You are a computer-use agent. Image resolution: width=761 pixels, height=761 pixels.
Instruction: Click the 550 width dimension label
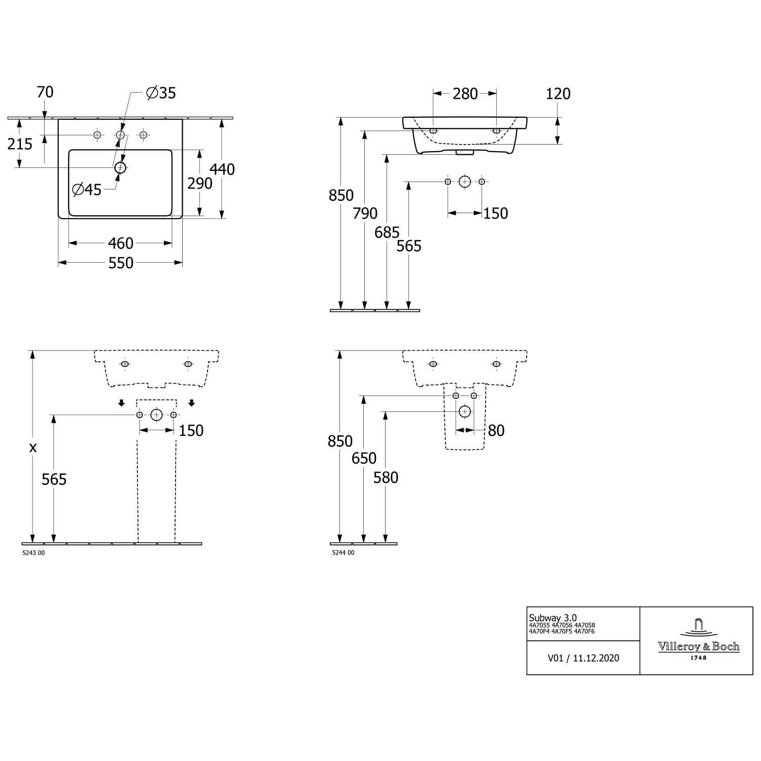[121, 263]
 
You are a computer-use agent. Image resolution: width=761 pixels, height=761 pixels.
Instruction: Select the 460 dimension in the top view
[121, 244]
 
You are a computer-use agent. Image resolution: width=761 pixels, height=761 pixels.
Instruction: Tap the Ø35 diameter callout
[161, 93]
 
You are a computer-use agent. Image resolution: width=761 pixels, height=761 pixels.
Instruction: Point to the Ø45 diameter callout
[87, 190]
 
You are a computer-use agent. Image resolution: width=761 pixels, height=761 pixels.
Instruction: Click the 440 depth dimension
[222, 169]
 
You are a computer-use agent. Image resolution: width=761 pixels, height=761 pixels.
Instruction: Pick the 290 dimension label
[200, 184]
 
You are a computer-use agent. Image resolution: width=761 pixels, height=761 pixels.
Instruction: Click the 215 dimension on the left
[20, 144]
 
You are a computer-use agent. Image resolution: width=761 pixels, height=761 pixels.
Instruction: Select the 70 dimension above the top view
[45, 92]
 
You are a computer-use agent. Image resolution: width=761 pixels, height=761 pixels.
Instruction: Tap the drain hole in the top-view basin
[120, 167]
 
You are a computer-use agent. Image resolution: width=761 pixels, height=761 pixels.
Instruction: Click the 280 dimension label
[465, 94]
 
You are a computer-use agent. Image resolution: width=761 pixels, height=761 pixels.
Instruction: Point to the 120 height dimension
[558, 94]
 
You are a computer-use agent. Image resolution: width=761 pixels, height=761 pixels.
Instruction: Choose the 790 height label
[365, 214]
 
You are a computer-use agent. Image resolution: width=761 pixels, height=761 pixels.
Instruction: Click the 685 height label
[387, 232]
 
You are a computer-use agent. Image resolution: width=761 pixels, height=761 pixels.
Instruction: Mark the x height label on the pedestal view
[33, 447]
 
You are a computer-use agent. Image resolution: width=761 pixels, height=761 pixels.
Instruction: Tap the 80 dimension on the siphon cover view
[496, 431]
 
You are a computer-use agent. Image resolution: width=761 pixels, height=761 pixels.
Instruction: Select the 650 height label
[364, 458]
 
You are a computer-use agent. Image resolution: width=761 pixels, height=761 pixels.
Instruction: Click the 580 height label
[386, 477]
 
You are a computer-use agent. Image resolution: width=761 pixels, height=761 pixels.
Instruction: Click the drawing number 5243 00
[33, 553]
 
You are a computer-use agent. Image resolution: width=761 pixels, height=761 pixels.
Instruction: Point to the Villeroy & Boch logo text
[699, 647]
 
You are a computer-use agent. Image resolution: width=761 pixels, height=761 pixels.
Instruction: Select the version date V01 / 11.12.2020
[583, 658]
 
